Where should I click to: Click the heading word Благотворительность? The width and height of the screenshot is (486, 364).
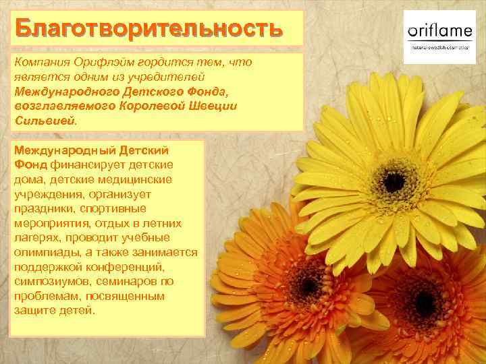click(x=146, y=30)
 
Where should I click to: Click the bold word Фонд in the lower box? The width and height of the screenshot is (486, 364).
click(x=30, y=164)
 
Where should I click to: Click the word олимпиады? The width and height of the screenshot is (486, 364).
click(x=43, y=252)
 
